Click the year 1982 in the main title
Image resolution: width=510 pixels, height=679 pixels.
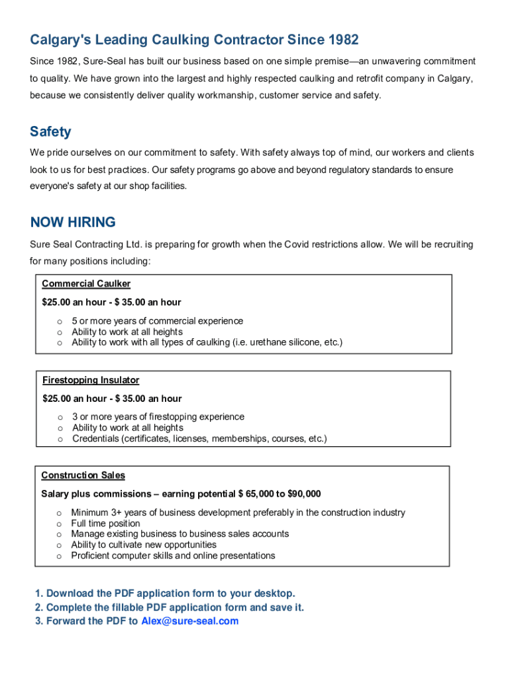[343, 40]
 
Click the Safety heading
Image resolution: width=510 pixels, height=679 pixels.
[50, 131]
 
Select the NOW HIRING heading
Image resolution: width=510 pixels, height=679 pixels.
[73, 222]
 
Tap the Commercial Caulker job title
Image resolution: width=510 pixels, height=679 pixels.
[86, 284]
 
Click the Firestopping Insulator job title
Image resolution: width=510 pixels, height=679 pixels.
[91, 380]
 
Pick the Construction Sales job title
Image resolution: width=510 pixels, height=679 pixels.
[83, 475]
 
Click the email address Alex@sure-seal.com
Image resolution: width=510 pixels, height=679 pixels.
[190, 621]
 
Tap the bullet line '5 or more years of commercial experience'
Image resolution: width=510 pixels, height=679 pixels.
[158, 321]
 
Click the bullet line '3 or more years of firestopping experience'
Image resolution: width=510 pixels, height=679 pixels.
[158, 416]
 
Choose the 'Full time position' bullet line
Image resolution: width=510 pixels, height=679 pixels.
[106, 523]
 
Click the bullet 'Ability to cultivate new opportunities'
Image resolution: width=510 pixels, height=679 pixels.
[144, 544]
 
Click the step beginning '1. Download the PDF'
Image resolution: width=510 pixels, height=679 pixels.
[165, 593]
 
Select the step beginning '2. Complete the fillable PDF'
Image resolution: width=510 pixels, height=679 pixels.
[170, 607]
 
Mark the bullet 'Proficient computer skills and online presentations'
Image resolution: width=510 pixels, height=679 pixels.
[174, 556]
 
